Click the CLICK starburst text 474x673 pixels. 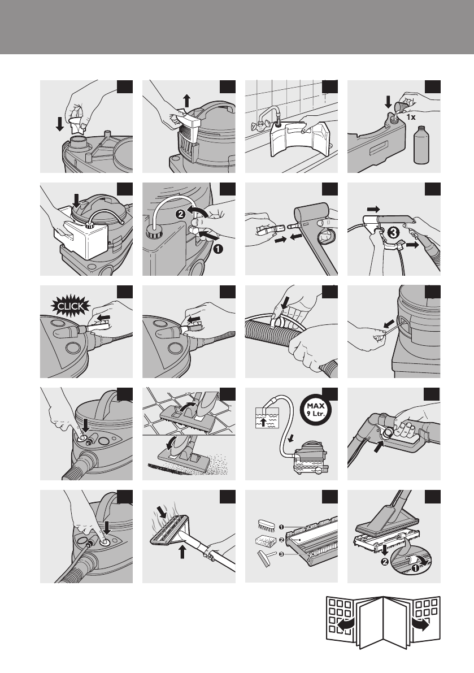(71, 306)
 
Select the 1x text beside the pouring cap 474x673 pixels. (411, 117)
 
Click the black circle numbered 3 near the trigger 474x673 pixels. (393, 233)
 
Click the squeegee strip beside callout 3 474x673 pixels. (265, 559)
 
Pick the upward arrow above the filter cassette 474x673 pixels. (186, 101)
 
